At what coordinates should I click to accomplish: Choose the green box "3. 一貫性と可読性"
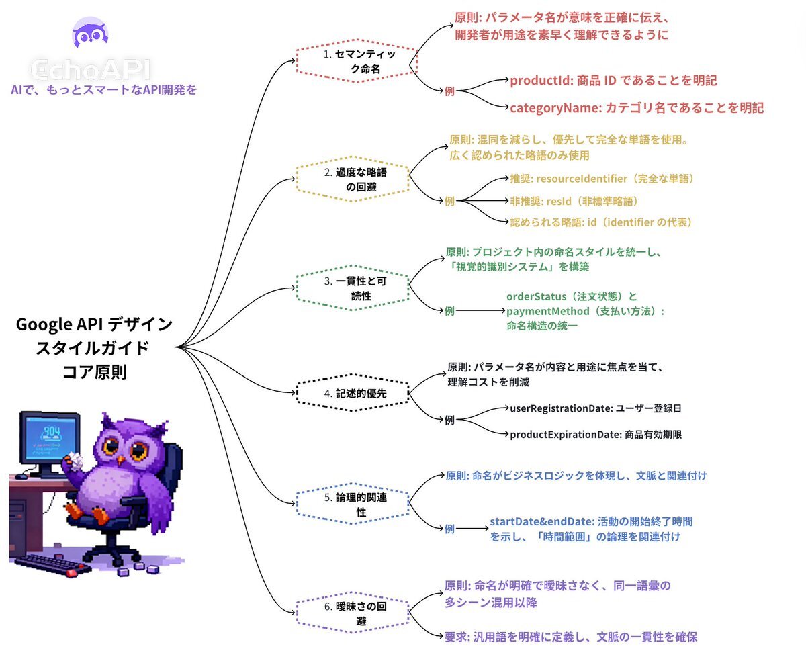353,289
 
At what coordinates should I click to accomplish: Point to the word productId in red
537,81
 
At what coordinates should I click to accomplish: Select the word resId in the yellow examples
558,200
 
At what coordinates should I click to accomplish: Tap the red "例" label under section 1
449,91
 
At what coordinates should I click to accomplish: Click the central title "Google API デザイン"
94,325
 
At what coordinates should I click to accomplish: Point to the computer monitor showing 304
48,440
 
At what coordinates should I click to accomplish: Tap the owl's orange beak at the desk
121,460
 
